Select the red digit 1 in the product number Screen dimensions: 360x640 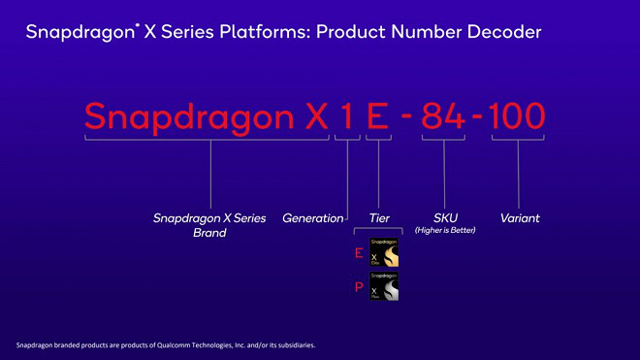346,116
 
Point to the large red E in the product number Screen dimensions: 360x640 378,116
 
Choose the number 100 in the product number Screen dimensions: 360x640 518,116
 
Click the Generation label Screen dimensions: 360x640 312,218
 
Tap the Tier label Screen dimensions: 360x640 379,218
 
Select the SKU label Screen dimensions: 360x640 445,218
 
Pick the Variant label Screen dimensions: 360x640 520,218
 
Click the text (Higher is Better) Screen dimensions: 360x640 445,231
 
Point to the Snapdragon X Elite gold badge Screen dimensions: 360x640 384,253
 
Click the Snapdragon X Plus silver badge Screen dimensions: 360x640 384,286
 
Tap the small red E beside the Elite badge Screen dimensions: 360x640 359,254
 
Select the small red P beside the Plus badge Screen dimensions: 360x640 359,287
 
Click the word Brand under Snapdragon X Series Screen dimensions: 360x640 209,233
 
